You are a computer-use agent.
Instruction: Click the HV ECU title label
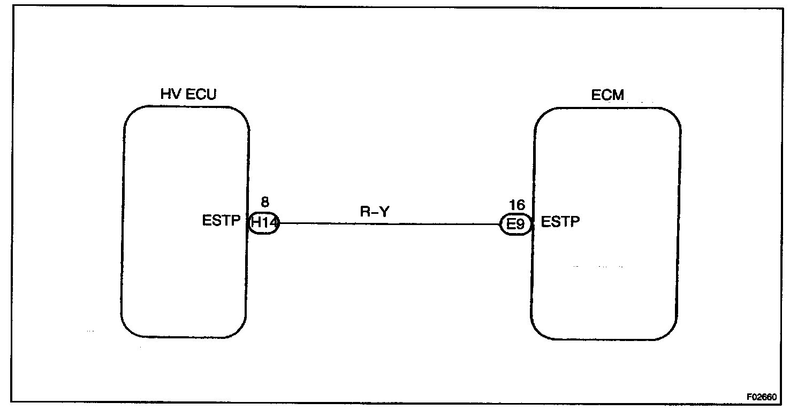click(x=188, y=95)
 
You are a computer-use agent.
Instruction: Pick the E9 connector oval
click(x=515, y=224)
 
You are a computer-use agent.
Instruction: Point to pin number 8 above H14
click(x=264, y=203)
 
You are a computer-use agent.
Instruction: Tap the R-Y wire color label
click(x=373, y=211)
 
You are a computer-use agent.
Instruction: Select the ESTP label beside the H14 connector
click(x=221, y=221)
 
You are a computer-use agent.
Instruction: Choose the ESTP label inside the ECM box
click(x=560, y=221)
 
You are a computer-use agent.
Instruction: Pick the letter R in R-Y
click(x=364, y=211)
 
